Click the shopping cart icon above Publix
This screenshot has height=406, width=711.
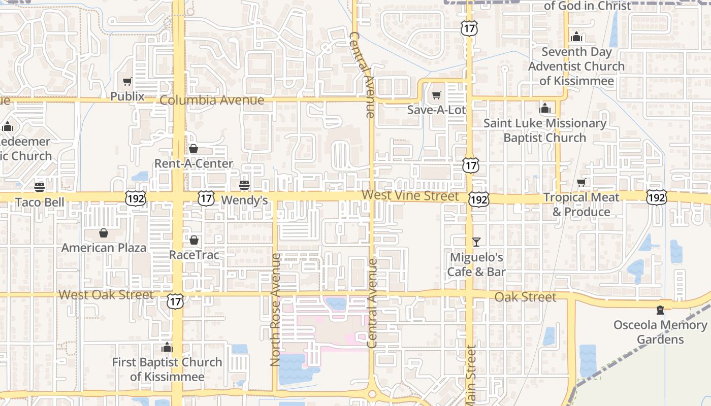point(127,81)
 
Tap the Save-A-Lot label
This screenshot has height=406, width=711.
point(436,109)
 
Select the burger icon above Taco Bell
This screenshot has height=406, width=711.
point(40,187)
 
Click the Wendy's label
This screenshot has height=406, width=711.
point(244,200)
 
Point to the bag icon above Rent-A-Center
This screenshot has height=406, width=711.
point(193,149)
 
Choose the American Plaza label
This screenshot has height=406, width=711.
point(104,248)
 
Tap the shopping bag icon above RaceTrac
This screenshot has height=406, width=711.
point(194,240)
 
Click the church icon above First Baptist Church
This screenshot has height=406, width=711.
point(167,348)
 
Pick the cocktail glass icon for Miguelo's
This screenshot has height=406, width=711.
point(476,242)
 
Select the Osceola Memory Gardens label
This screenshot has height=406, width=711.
point(660,332)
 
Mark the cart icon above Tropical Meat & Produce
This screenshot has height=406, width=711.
point(581,182)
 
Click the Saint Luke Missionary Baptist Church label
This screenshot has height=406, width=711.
point(545,130)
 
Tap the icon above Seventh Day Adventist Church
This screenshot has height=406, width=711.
point(576,37)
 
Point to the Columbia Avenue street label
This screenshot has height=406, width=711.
point(212,100)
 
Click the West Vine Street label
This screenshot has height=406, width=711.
point(410,195)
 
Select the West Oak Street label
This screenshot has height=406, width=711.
point(106,295)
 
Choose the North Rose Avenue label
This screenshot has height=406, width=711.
point(275,310)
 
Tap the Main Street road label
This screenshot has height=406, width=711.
point(471,376)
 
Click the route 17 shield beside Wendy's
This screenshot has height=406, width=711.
point(206,198)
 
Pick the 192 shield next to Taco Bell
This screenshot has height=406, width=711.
point(136,198)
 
